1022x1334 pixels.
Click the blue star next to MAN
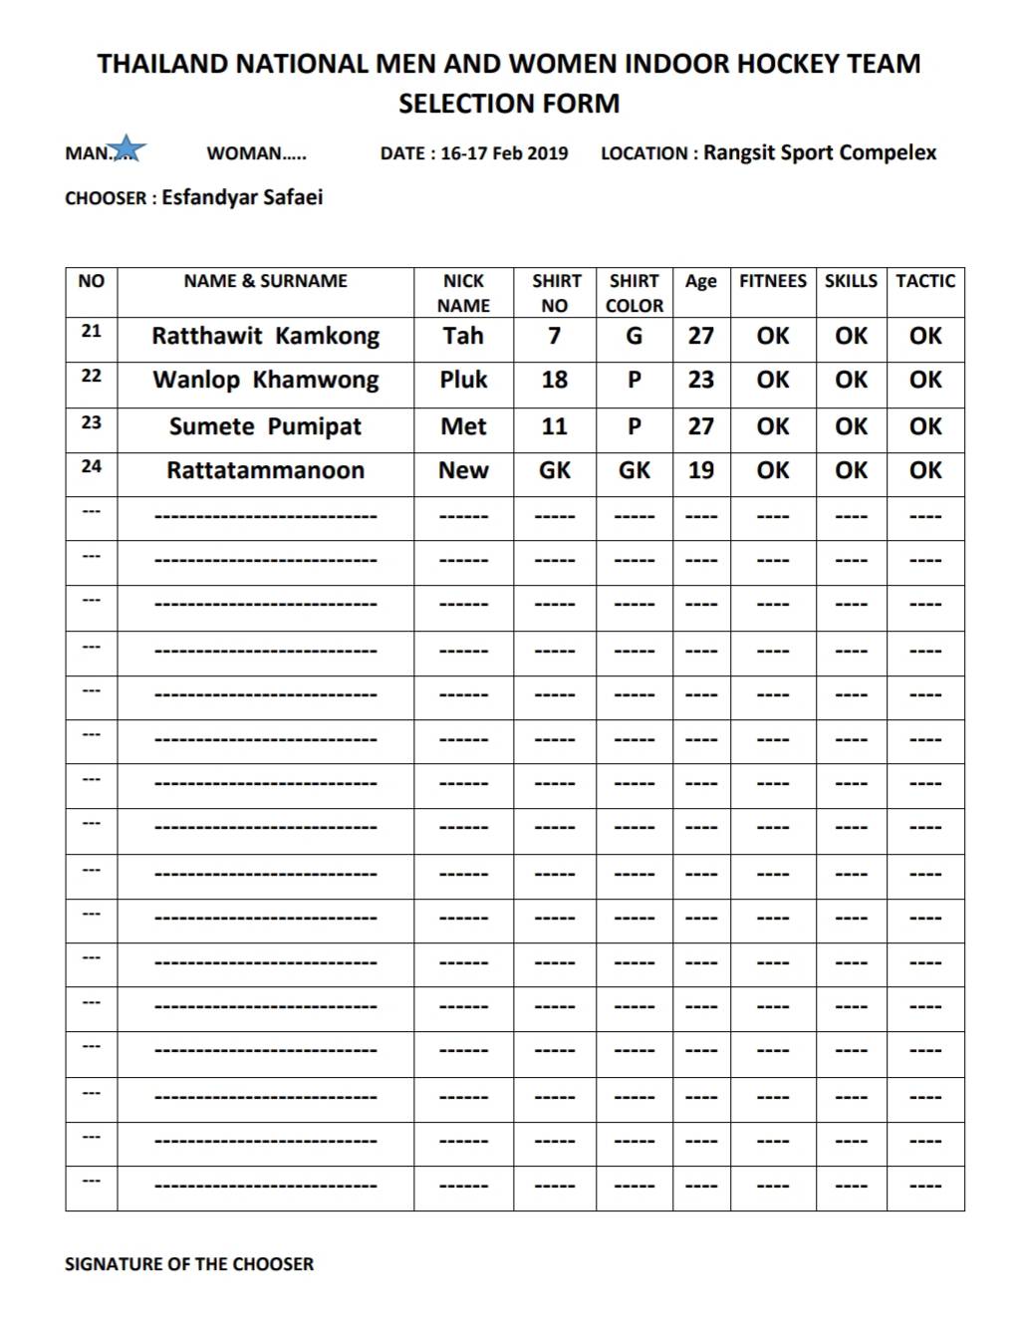click(128, 149)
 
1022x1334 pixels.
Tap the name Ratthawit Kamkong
click(265, 337)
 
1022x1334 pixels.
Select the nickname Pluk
click(463, 381)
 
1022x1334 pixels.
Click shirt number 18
click(554, 381)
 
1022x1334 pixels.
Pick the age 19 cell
click(700, 471)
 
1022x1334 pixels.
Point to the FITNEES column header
click(772, 281)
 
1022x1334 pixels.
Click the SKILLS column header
click(851, 281)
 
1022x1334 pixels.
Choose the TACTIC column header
click(924, 281)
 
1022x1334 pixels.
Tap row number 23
click(91, 422)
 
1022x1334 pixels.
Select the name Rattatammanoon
click(265, 471)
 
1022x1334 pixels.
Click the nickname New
click(463, 471)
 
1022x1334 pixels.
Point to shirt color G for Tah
click(634, 337)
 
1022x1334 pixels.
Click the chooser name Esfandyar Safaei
click(242, 197)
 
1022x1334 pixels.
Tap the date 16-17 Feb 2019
click(504, 153)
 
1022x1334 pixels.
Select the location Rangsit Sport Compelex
click(820, 152)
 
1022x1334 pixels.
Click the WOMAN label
click(256, 153)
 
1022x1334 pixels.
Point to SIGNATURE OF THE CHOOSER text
click(189, 1264)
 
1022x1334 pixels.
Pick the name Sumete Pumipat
click(265, 427)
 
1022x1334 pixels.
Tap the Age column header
click(700, 282)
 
